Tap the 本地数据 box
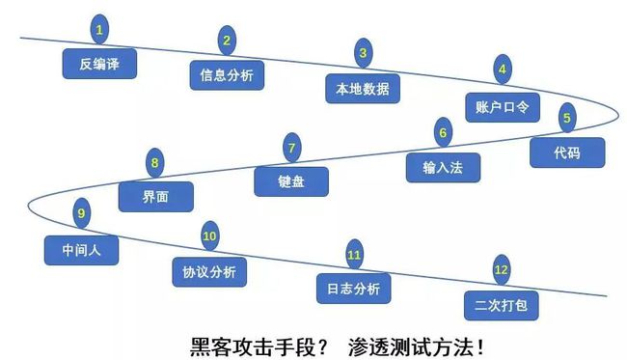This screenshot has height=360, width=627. [x=363, y=88]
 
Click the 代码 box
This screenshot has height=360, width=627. [x=566, y=152]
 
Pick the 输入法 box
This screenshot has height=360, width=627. [x=443, y=167]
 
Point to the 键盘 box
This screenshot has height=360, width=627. [x=291, y=180]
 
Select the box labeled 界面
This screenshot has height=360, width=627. [x=155, y=196]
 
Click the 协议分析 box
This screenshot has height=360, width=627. [x=208, y=270]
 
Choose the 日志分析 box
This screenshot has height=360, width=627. [x=354, y=288]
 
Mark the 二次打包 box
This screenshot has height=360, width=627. [x=501, y=304]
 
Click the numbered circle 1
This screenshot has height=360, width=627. [x=98, y=28]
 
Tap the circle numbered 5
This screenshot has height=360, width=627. [x=566, y=118]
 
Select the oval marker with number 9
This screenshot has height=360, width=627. [x=81, y=213]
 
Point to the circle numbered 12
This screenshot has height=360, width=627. [x=501, y=270]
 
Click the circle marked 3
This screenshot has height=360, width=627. [x=363, y=54]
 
